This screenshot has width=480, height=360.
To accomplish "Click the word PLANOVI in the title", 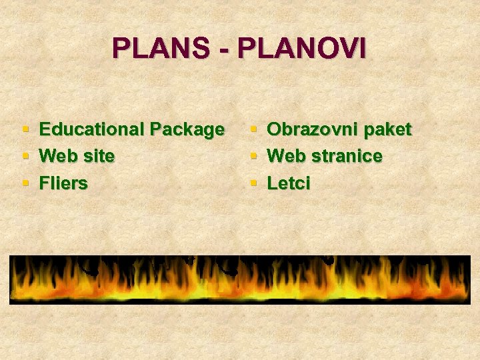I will [301, 49].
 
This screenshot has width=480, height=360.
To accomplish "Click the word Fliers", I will [63, 183].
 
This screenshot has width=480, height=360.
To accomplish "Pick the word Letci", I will [289, 183].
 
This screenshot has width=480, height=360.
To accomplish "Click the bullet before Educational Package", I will [25, 129].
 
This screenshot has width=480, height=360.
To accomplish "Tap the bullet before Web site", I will [25, 156].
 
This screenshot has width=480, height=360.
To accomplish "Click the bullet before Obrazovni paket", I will [253, 129].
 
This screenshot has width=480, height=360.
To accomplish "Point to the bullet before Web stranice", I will [253, 156].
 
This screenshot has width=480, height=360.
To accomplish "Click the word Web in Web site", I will [58, 156].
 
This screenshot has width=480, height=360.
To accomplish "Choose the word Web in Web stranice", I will [286, 156].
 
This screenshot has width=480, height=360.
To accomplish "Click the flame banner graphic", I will [240, 280].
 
